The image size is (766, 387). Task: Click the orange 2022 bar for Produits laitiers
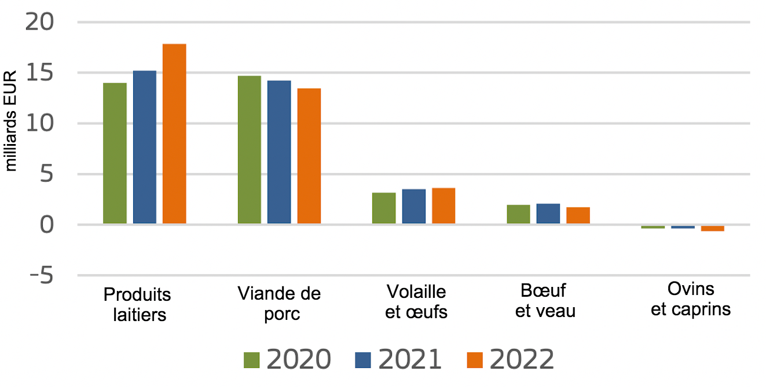tap(174, 134)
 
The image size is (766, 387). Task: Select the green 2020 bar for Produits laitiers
tap(115, 153)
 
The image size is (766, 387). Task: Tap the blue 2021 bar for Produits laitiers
tap(145, 147)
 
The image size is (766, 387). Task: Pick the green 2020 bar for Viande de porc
tap(250, 150)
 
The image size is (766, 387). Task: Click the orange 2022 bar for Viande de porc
tap(309, 156)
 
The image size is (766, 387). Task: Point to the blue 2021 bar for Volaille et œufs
tap(414, 207)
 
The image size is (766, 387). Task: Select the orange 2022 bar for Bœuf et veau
tap(578, 215)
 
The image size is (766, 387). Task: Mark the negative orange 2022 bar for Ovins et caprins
tap(712, 228)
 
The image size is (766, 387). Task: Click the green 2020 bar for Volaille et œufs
tap(384, 208)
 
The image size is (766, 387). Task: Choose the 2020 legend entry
tap(287, 359)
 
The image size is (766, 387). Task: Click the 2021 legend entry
tap(398, 359)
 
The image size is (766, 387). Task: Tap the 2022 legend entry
tap(510, 359)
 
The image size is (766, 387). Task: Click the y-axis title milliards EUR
tap(11, 121)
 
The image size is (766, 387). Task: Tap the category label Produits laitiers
tap(137, 304)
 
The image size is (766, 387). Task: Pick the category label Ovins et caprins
tap(691, 298)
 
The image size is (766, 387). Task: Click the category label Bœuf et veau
tap(545, 300)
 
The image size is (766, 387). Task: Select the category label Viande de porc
tap(279, 303)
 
